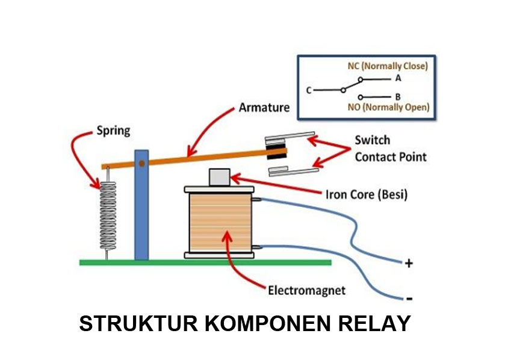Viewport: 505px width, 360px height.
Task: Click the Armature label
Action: coord(264,108)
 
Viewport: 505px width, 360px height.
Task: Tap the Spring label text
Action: coord(113,130)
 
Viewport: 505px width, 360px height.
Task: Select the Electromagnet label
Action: coord(306,290)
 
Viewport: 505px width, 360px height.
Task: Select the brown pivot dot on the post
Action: coord(141,163)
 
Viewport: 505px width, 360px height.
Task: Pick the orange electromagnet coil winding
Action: coord(219,222)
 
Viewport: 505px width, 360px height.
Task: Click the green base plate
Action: coord(205,262)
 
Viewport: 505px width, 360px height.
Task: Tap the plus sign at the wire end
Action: coord(409,263)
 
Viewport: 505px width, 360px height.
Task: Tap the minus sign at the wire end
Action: coord(409,298)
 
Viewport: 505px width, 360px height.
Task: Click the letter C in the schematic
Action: coord(308,91)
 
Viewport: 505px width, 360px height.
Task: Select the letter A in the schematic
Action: coord(398,79)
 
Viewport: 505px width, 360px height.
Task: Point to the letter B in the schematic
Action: coord(398,96)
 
